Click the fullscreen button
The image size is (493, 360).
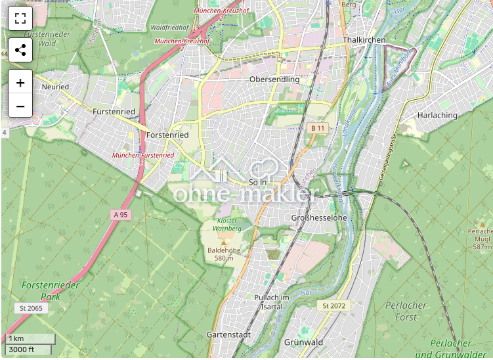20,19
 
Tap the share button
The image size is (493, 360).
20,50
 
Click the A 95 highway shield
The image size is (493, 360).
119,214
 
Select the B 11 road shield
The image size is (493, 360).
318,127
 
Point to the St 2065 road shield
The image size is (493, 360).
31,308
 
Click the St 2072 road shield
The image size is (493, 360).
333,306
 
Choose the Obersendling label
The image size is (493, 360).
274,79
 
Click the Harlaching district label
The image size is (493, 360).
437,115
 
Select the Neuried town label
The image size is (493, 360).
54,86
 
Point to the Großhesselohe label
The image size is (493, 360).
318,217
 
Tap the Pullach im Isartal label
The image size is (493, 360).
271,302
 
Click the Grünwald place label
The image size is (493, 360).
303,342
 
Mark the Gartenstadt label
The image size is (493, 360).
228,334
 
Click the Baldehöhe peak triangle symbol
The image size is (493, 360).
223,242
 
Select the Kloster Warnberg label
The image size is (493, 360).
228,224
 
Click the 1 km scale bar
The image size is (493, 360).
30,338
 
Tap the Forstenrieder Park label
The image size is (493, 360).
51,291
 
